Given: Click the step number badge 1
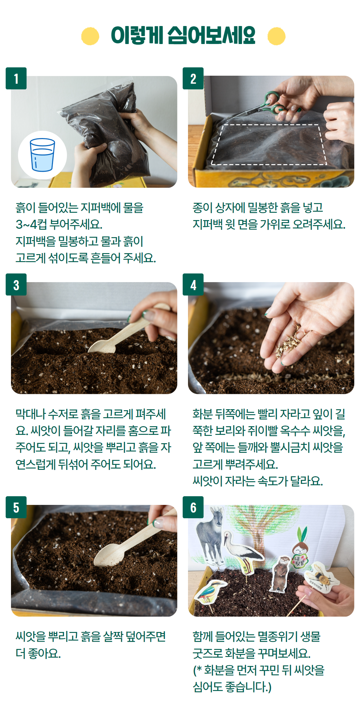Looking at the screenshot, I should (16, 79).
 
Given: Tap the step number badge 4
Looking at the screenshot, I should (193, 285).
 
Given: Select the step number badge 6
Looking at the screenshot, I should (193, 507).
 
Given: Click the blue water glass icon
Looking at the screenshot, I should (42, 155).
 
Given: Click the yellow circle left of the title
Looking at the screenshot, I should (90, 36).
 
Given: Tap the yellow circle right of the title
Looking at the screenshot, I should (276, 36).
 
